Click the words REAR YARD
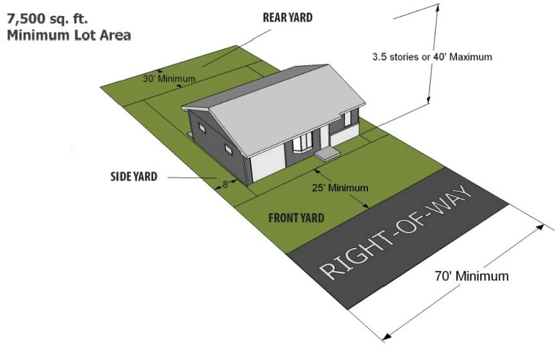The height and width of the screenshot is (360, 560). point(287,18)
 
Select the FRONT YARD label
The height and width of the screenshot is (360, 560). point(295,217)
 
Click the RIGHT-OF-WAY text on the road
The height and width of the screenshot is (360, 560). point(397,234)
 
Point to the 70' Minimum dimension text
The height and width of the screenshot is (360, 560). point(472,277)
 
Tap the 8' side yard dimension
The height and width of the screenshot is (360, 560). point(225,185)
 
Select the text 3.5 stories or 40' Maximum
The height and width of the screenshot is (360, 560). point(432,57)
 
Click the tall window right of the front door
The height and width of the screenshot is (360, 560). point(348,119)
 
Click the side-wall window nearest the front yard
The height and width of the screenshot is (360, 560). point(229,150)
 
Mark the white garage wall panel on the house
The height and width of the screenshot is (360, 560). point(268,161)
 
